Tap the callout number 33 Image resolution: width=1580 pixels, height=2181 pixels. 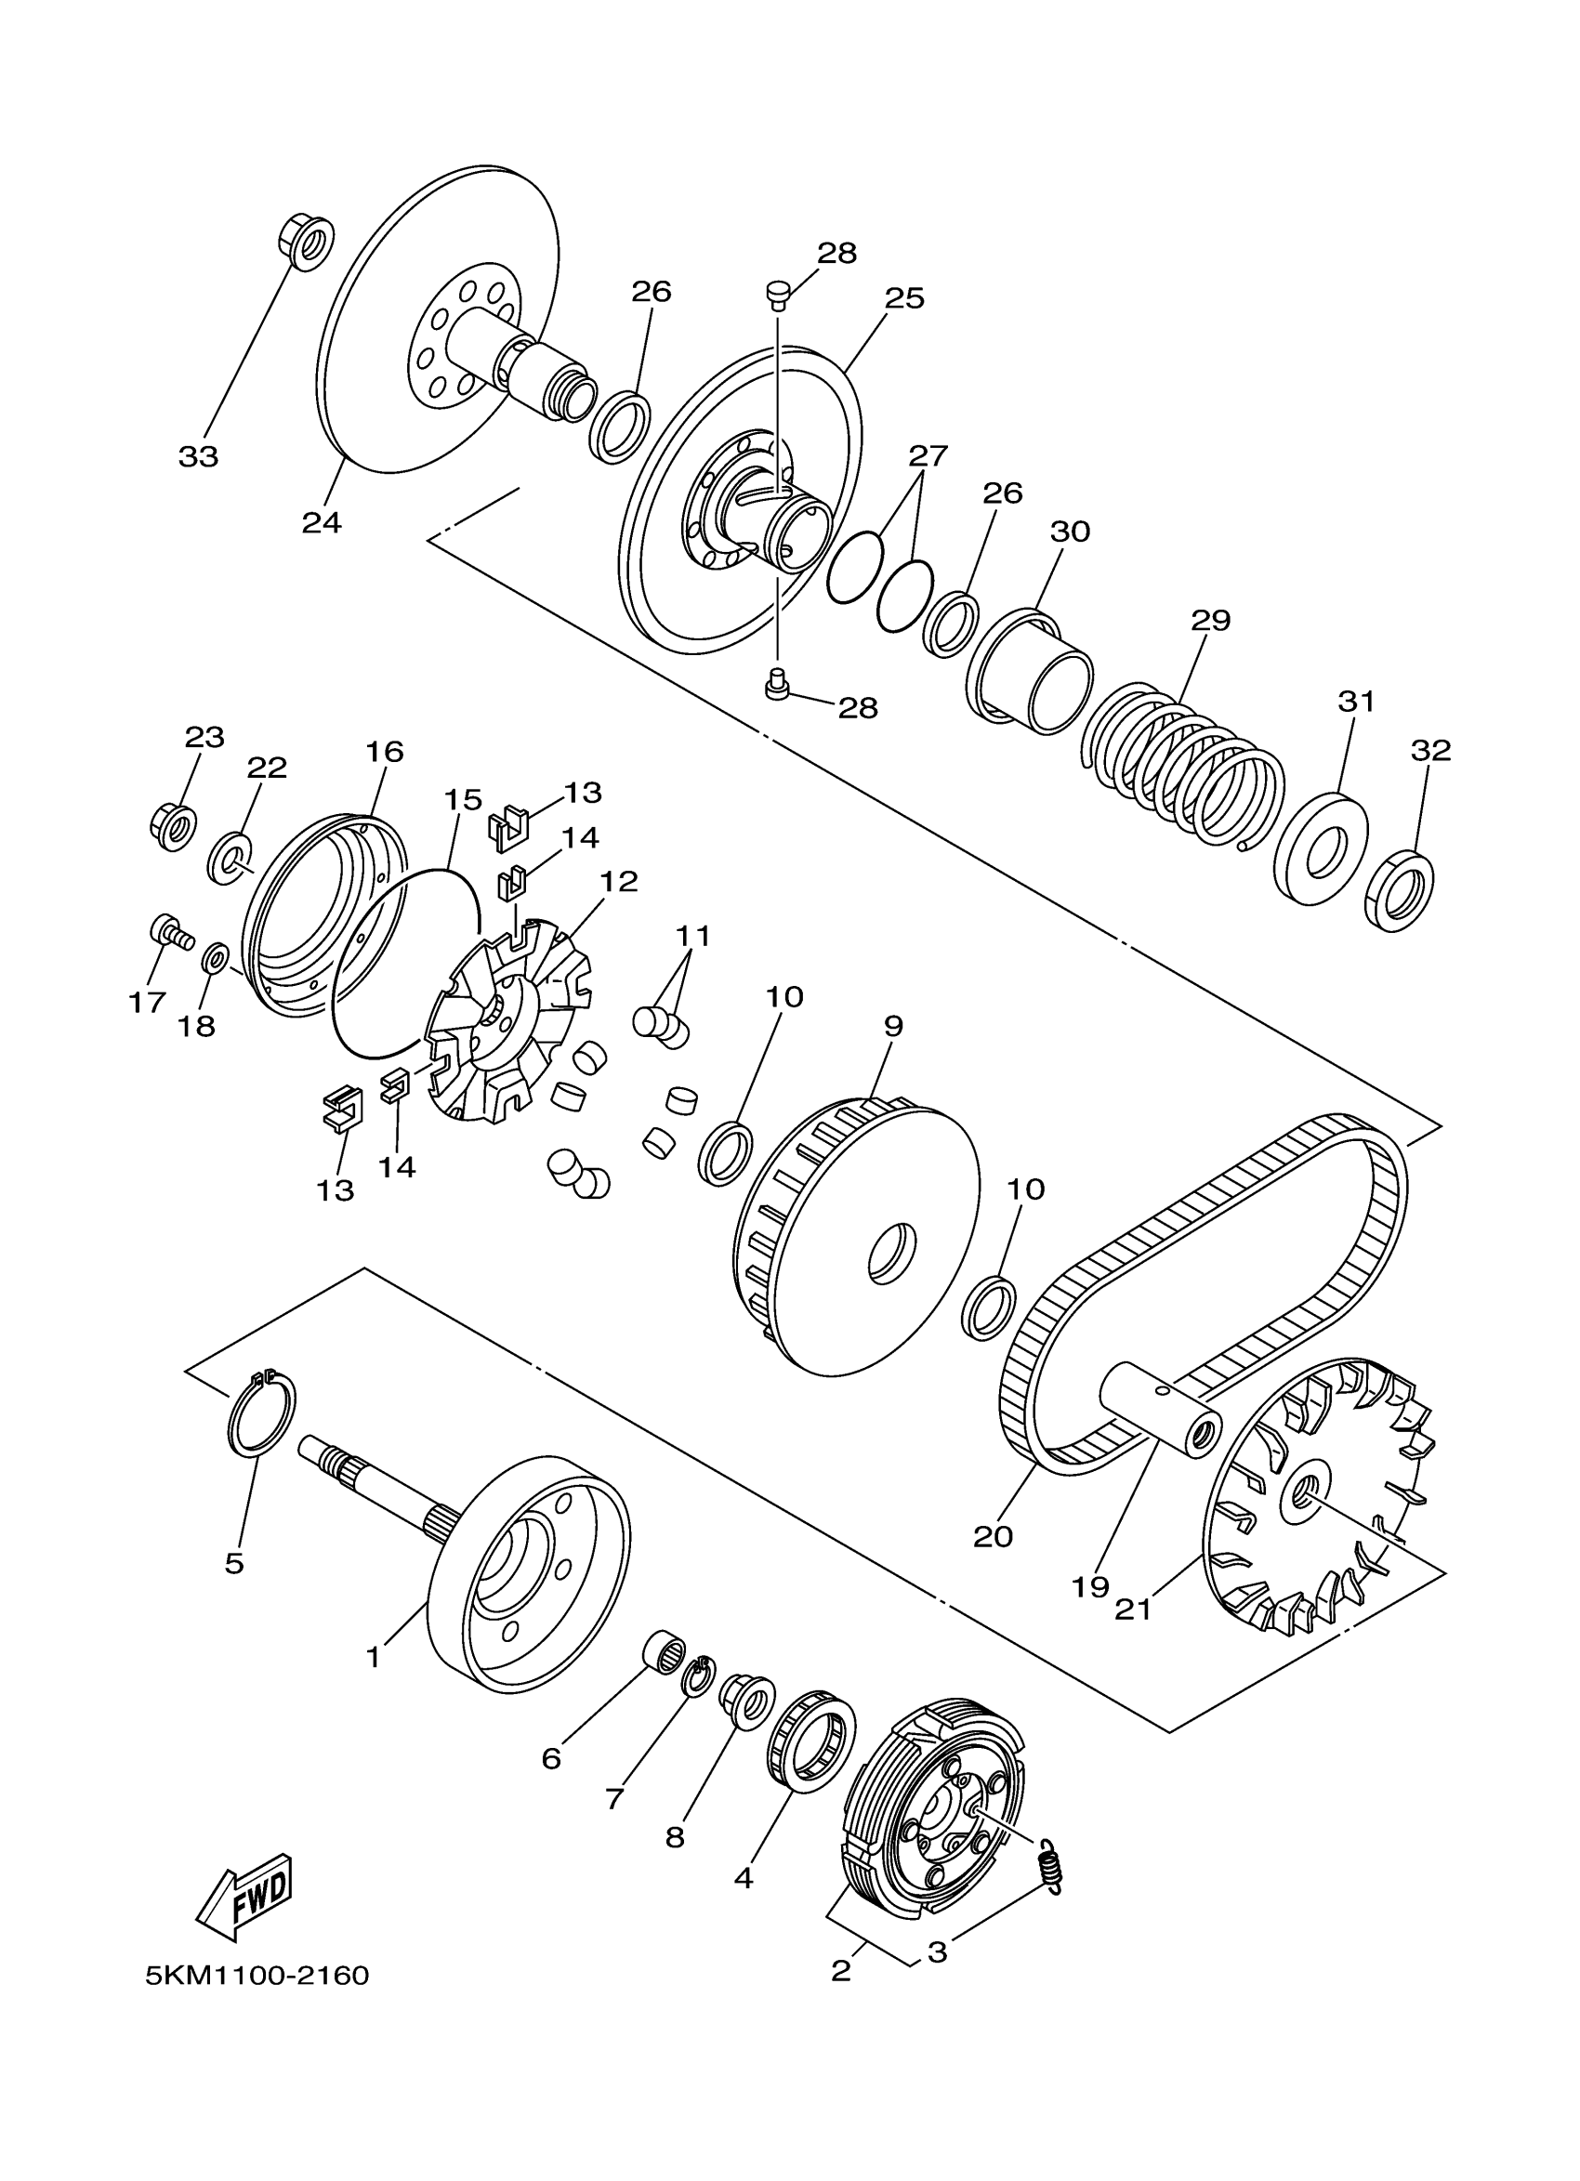(198, 457)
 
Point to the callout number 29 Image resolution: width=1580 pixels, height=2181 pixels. (1211, 620)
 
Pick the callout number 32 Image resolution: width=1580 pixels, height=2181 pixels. (1430, 750)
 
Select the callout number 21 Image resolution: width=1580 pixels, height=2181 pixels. (1133, 1608)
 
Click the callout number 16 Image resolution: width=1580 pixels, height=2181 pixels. (385, 751)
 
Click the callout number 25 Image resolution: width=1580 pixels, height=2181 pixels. (904, 298)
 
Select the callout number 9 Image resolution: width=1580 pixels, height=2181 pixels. (893, 1026)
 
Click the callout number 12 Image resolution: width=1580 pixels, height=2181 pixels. (618, 881)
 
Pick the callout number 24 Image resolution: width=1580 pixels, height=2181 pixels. (322, 522)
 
